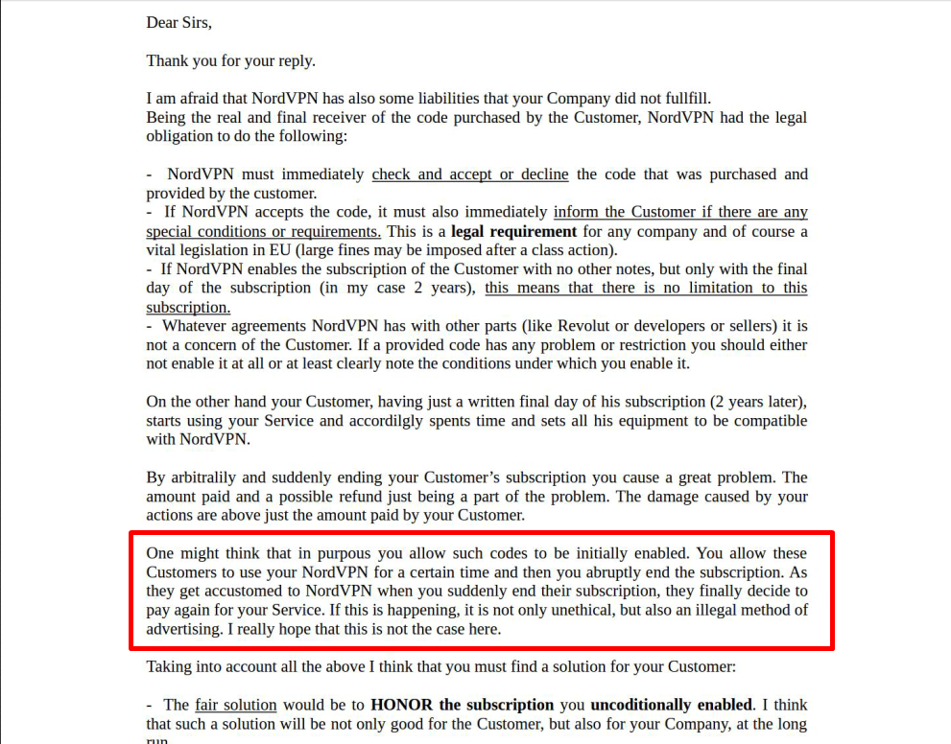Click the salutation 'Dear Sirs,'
[x=178, y=22]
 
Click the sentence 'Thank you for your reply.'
[x=230, y=60]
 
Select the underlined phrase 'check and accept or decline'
[x=470, y=174]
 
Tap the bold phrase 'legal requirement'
[x=513, y=231]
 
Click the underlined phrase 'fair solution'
[x=235, y=705]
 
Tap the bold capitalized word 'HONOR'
[x=402, y=705]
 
